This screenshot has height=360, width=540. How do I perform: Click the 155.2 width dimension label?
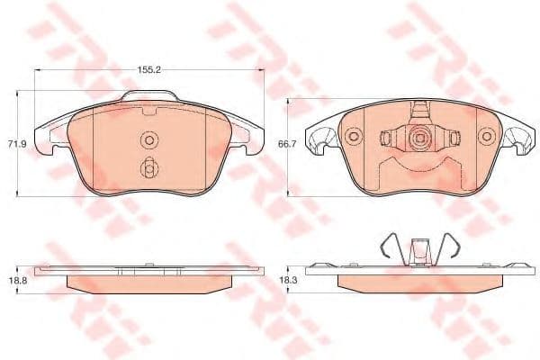pos(149,67)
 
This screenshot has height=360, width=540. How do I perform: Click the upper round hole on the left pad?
pos(149,139)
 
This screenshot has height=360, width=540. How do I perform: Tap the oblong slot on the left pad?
pos(149,167)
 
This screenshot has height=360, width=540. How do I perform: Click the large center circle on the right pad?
pos(417,139)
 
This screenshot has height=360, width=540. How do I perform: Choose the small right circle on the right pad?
pos(487,137)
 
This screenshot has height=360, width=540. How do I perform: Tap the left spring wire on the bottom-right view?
pos(387,243)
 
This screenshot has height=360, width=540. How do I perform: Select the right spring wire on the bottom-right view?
pos(450,243)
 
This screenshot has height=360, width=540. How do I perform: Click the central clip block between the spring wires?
pos(418,249)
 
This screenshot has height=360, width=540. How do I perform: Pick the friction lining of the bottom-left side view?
pos(149,283)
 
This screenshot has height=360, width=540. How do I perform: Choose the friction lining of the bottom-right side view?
pos(418,283)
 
